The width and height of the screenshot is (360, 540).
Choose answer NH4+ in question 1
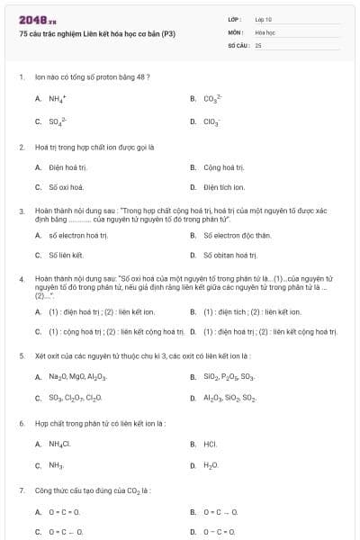57,98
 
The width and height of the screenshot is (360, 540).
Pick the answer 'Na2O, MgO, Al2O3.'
78,376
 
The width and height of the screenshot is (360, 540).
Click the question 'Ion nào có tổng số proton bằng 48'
92,76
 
